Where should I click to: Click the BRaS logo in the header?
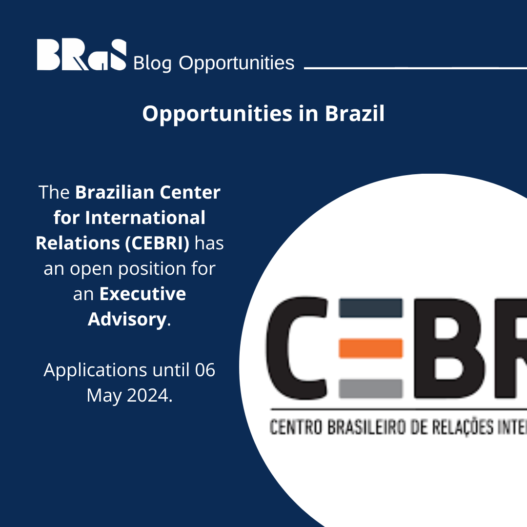pyautogui.click(x=81, y=55)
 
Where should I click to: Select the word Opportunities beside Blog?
pyautogui.click(x=237, y=63)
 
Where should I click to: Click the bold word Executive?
pyautogui.click(x=143, y=294)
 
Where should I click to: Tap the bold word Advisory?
pyautogui.click(x=127, y=319)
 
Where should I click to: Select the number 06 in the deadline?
pyautogui.click(x=205, y=370)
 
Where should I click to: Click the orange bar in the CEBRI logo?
pyautogui.click(x=370, y=348)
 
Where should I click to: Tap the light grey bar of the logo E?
pyautogui.click(x=370, y=388)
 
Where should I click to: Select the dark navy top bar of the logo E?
pyautogui.click(x=370, y=308)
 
